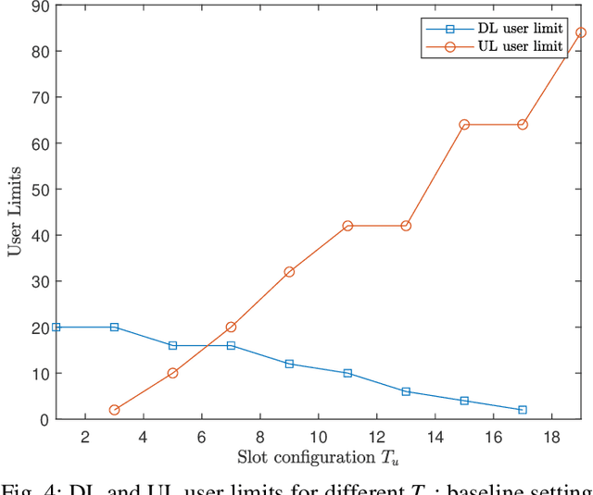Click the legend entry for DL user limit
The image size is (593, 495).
(x=519, y=29)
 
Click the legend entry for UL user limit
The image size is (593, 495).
(x=519, y=46)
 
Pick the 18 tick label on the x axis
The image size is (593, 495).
(x=551, y=435)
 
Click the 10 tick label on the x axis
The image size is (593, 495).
(x=318, y=435)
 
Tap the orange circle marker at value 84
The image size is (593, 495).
(x=581, y=32)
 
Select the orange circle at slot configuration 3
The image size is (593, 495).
(x=114, y=410)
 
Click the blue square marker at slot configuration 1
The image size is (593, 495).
(x=56, y=327)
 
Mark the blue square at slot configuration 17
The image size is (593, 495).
(x=523, y=410)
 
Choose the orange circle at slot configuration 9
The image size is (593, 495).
(x=289, y=272)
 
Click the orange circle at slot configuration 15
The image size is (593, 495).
(x=464, y=124)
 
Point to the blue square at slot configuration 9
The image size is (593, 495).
(x=289, y=364)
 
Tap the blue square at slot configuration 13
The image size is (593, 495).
(x=406, y=391)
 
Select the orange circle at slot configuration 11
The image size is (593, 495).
(x=347, y=226)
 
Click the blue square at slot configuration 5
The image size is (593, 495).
(x=172, y=345)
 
